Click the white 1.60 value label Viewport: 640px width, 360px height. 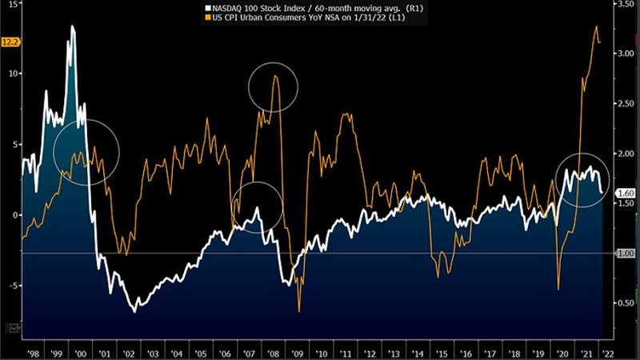coord(624,193)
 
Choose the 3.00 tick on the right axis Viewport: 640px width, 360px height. coord(623,54)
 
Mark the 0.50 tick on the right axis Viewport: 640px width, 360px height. coord(623,303)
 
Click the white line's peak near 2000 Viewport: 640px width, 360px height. coord(73,27)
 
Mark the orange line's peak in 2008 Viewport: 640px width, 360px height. coord(275,76)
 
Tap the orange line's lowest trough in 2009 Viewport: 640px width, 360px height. coord(299,310)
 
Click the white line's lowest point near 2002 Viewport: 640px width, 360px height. coord(134,311)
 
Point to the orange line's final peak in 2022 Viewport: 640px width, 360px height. coord(597,26)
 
